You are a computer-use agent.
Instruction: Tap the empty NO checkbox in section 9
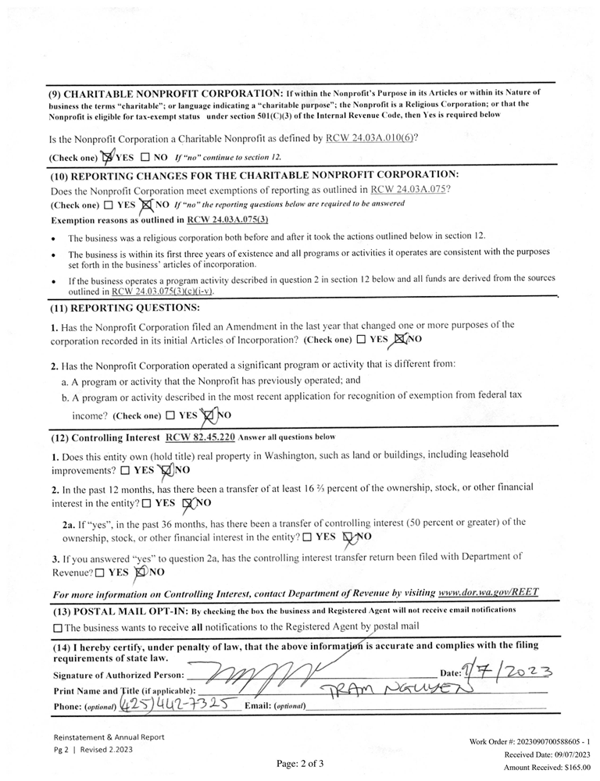[145, 157]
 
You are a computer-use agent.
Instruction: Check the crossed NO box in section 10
[145, 205]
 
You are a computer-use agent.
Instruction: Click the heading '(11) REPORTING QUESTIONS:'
[125, 308]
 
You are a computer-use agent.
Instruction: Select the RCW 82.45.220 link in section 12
[200, 437]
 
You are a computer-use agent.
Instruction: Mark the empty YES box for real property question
[126, 471]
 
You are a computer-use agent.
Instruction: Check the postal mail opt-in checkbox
[58, 627]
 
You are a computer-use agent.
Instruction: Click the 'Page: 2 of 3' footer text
[300, 763]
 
